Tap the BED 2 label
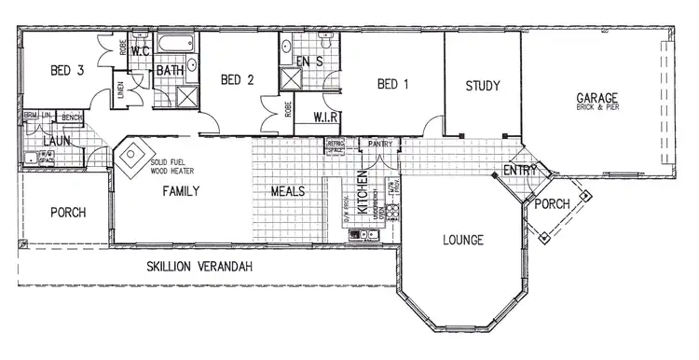238,80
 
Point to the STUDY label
483,86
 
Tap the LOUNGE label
463,241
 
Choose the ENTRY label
518,171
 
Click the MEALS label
288,190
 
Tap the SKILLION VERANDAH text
200,267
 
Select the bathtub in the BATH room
176,44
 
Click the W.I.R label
325,118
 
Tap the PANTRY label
379,145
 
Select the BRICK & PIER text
596,109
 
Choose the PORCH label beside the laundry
67,213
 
